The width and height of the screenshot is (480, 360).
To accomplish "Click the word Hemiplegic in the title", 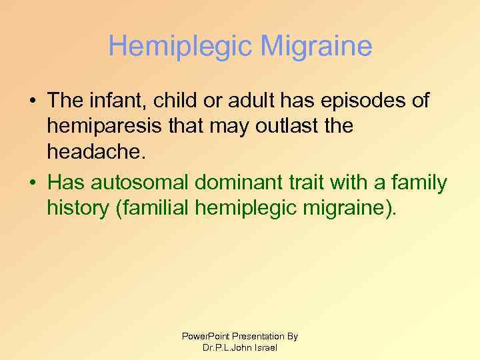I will (179, 47).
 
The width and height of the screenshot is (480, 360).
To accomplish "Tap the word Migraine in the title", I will (317, 47).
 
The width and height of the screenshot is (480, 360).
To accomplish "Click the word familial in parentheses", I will (153, 208).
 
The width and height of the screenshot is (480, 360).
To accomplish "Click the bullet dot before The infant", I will (33, 102).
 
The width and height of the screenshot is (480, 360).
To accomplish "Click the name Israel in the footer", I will (265, 347).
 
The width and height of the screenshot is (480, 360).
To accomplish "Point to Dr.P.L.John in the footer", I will (226, 347).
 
